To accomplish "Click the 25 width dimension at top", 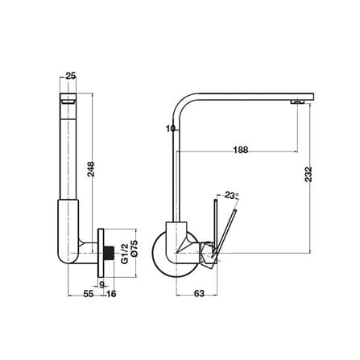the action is point(71,76).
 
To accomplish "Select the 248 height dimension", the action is point(91,169).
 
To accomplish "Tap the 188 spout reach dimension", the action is point(241,150).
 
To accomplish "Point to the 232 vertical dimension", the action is point(308,174).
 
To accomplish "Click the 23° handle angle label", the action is point(232,195).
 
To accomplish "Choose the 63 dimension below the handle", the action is point(199,293).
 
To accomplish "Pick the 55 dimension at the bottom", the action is point(89,294).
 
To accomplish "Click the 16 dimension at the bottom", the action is point(111,294).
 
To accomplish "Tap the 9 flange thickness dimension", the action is point(101,285).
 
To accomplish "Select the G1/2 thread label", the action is point(124,254).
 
